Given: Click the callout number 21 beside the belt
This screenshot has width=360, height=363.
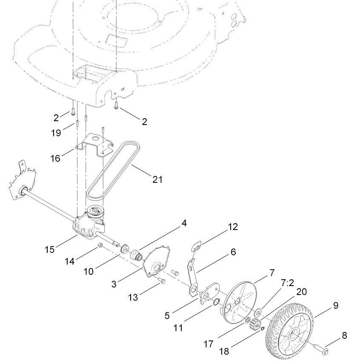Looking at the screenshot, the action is click(157, 179).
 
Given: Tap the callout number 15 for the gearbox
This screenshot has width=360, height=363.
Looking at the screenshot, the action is click(49, 250).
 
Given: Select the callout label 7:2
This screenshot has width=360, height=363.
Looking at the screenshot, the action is click(287, 283).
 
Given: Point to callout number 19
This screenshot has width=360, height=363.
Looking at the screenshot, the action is click(56, 133).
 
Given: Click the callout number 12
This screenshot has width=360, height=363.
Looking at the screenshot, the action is click(233, 227).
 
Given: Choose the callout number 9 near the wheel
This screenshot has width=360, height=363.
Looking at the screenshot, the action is click(336, 305).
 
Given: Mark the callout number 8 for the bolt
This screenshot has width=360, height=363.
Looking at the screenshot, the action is click(344, 335).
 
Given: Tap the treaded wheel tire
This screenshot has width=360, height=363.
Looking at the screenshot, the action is click(289, 332).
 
